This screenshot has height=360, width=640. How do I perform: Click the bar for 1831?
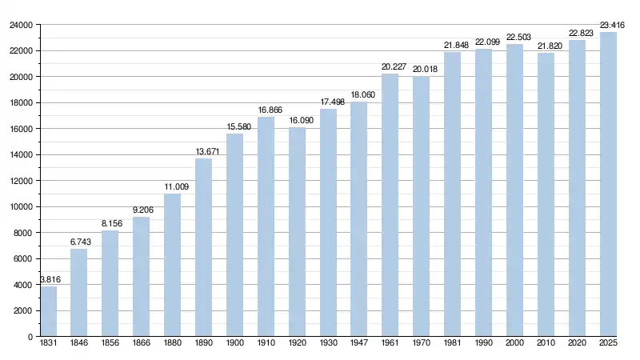coord(48,311)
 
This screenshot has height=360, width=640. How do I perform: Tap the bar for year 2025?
coord(608,184)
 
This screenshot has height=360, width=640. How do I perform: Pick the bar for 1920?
coord(297,232)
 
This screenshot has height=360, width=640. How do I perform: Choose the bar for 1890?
coord(203,247)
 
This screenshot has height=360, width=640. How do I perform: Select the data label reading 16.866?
coord(266,110)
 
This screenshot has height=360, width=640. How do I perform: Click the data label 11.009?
coord(173,187)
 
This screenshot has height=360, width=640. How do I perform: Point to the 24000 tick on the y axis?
coord(20,25)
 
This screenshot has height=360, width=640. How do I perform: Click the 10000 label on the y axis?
coord(20,206)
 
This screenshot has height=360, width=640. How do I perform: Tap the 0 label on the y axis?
coord(30,337)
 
